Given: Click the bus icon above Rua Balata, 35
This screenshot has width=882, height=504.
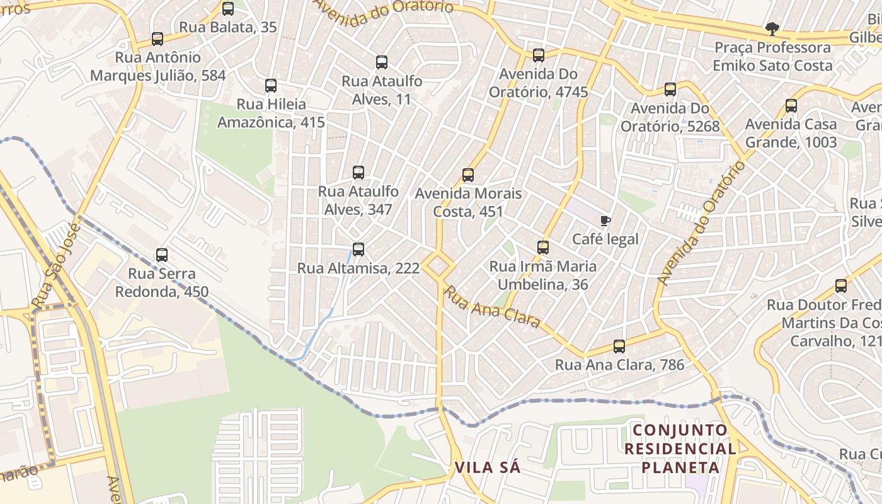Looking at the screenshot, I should click(x=228, y=9).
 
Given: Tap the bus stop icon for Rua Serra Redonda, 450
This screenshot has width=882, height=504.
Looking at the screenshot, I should click(x=162, y=255).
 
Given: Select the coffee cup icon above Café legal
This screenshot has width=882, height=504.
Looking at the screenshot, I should click(x=605, y=220).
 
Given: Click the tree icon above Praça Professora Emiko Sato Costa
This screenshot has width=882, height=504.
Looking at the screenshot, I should click(x=772, y=28).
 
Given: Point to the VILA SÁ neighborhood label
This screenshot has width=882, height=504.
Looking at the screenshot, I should click(x=488, y=467).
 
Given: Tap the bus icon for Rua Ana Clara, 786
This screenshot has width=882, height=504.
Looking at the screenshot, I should click(x=619, y=346).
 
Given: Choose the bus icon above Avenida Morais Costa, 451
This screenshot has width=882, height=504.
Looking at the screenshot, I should click(x=467, y=175).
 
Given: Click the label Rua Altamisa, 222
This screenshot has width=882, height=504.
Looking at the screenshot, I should click(x=358, y=268).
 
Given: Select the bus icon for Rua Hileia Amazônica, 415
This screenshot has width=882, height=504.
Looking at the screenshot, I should click(x=271, y=86).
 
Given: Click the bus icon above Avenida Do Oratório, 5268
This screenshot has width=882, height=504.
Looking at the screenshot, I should click(x=670, y=89).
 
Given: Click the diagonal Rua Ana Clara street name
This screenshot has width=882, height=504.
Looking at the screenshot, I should click(x=493, y=307).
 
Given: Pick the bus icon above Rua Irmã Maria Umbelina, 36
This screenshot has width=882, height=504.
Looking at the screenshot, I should click(x=543, y=248).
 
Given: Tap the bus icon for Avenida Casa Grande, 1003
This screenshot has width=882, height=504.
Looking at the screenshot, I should click(x=791, y=106).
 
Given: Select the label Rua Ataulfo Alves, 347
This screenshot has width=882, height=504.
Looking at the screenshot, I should click(x=358, y=200).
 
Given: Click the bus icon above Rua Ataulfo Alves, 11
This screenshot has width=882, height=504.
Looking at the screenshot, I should click(x=382, y=62).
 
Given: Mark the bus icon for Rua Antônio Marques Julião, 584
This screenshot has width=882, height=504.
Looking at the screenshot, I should click(x=157, y=39).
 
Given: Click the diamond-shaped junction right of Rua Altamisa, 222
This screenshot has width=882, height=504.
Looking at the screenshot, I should click(x=439, y=265).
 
